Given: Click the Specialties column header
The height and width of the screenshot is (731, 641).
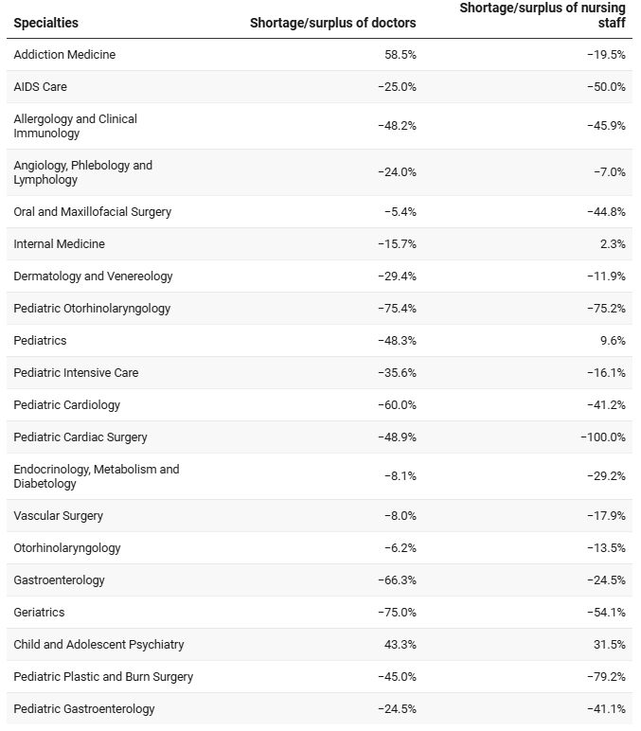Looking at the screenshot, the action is [45, 23].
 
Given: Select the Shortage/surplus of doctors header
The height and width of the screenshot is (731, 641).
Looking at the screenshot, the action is [333, 23].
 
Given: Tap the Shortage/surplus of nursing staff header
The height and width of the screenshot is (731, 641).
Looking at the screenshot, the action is [543, 15].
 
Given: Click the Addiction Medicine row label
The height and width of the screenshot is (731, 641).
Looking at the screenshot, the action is [64, 55].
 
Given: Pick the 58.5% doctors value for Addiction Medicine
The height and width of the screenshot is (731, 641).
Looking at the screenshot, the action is [401, 55].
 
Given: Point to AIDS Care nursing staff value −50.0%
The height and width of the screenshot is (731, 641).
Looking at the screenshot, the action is [607, 87].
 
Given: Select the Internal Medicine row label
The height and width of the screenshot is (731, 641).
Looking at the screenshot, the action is [60, 243].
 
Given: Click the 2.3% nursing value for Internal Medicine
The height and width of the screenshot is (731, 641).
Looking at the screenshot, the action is [613, 243].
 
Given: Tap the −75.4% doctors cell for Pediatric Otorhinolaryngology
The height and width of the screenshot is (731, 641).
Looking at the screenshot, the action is [397, 308].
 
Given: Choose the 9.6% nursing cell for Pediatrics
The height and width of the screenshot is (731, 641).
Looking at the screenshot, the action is [613, 340].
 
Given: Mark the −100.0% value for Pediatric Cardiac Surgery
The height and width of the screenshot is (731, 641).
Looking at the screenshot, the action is [603, 437].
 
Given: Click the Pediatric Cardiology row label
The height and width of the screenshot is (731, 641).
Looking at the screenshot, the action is [66, 404].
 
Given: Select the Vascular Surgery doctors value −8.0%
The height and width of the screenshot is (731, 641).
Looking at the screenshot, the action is [401, 516].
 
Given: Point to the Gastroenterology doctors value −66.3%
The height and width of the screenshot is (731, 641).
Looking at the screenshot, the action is [397, 579].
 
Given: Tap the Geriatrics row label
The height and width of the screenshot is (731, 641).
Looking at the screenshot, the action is [39, 612].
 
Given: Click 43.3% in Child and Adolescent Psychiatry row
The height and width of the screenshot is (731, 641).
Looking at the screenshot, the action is [401, 644].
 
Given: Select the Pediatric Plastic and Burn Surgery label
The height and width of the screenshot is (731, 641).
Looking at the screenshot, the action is [103, 676].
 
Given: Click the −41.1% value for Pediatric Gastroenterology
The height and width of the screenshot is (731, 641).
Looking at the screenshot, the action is [607, 708].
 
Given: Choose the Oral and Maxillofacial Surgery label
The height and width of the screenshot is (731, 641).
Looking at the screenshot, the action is [92, 212].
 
